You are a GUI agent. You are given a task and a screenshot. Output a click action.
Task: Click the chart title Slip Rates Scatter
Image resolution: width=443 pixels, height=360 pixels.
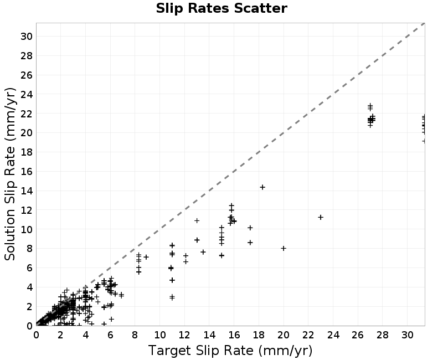tap(221, 8)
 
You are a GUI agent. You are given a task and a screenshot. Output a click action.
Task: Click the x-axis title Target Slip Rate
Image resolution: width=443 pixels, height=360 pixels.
tap(230, 351)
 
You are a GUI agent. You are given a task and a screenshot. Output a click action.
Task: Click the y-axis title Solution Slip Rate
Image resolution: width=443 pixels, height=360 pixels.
tap(10, 174)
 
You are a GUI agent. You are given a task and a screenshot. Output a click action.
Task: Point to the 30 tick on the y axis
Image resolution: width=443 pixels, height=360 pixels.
tap(27, 37)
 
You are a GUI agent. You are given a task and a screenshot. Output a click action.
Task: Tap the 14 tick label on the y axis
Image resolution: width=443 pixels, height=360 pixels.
tap(27, 191)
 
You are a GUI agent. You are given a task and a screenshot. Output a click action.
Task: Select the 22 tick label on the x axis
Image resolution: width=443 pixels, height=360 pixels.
tap(308, 335)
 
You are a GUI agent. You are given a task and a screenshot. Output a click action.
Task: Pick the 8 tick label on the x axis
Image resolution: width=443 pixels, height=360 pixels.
tap(135, 335)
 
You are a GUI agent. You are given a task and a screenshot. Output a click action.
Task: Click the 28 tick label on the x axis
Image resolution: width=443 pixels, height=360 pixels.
tap(383, 335)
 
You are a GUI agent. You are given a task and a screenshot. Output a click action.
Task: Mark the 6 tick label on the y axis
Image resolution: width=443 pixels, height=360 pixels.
tap(30, 268)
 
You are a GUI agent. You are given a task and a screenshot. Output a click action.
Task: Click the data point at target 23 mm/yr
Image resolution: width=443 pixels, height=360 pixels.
tap(321, 217)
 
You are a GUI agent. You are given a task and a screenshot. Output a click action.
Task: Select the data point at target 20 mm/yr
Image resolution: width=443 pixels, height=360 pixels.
tap(284, 248)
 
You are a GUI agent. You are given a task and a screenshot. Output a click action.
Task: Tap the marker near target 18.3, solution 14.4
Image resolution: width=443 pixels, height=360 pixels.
tap(262, 187)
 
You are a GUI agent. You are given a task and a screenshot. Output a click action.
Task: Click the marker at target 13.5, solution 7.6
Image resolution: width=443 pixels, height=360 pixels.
tap(203, 252)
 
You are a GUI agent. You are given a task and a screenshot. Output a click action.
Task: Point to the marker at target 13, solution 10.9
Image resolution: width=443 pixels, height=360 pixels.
tap(197, 220)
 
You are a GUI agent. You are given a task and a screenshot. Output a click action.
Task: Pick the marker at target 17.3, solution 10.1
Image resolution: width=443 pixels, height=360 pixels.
tap(250, 228)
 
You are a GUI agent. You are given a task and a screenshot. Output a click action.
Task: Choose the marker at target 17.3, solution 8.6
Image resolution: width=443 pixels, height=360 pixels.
tap(250, 243)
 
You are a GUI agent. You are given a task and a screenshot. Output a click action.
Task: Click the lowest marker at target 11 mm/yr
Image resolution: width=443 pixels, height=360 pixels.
tap(172, 297)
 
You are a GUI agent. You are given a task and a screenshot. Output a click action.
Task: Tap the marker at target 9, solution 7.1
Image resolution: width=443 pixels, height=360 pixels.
tap(146, 257)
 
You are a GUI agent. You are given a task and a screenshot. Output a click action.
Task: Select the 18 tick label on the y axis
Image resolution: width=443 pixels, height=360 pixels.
tap(27, 152)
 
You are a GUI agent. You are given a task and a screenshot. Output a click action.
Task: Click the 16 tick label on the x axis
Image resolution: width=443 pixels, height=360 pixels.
tap(234, 335)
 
